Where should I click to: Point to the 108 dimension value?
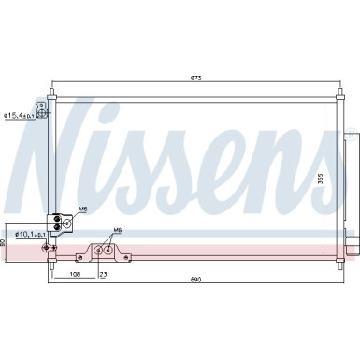coord(74,276)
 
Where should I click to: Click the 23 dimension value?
coord(104,276)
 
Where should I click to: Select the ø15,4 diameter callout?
coord(20,115)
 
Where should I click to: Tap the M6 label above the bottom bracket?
coord(117,230)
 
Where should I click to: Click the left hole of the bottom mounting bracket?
coord(99,250)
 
